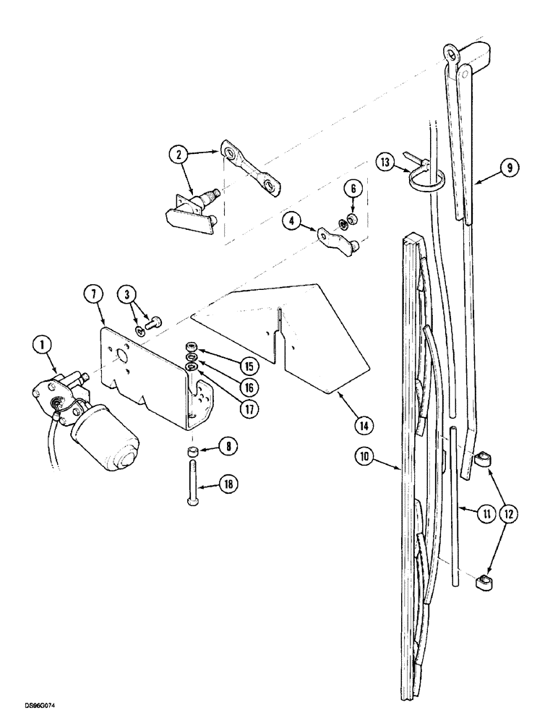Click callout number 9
point(508,168)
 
